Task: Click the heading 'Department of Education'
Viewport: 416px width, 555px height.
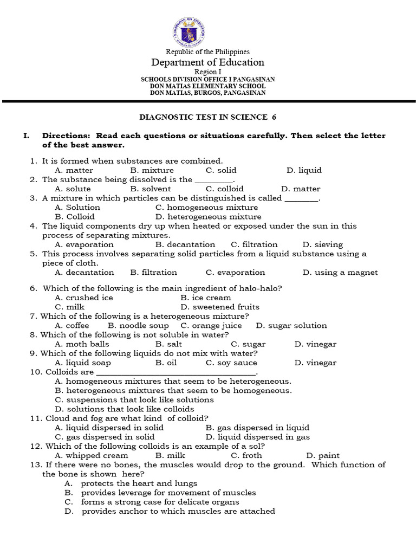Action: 208,62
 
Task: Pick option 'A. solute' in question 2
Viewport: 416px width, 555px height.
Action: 73,189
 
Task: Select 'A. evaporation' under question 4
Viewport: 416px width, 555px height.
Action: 84,244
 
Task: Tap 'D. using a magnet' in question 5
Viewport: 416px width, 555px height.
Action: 340,273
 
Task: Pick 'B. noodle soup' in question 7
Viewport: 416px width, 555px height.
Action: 138,326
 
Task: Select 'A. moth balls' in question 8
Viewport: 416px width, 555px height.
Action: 82,344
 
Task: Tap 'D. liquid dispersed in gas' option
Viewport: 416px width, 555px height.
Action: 257,437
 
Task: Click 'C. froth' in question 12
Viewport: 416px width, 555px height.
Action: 246,456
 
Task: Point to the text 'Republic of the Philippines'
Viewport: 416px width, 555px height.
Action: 208,51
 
